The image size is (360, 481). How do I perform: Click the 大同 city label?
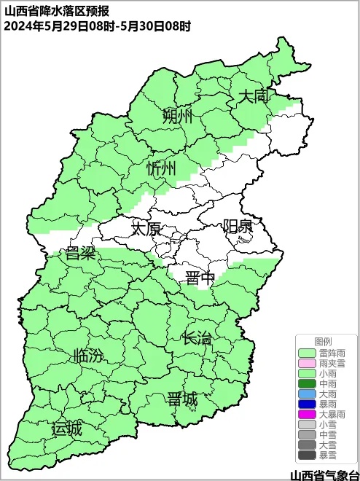pyautogui.click(x=255, y=96)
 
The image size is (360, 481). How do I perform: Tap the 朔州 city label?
pyautogui.click(x=177, y=116)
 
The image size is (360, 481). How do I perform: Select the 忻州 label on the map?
pyautogui.click(x=161, y=169)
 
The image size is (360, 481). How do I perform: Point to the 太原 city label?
pyautogui.click(x=145, y=229)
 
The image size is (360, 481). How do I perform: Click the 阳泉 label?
pyautogui.click(x=238, y=226)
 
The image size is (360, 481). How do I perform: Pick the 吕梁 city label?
pyautogui.click(x=81, y=254)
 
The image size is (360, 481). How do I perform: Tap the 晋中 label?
pyautogui.click(x=200, y=278)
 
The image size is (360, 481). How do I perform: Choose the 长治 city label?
pyautogui.click(x=197, y=337)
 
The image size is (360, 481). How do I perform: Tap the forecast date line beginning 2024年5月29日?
pyautogui.click(x=97, y=26)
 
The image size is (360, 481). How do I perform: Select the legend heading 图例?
pyautogui.click(x=323, y=341)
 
